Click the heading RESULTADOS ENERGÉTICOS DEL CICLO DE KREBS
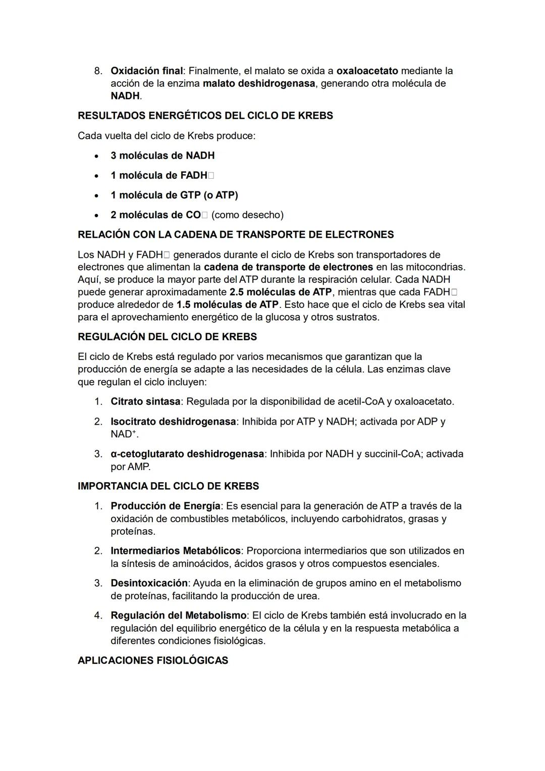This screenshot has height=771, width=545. [205, 116]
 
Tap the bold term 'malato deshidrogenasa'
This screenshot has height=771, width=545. [259, 83]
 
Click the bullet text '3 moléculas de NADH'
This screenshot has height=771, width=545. [162, 156]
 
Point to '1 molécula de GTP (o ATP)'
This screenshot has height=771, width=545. [174, 195]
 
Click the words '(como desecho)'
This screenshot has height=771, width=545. [247, 215]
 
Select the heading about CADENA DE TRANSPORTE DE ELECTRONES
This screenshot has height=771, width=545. [236, 235]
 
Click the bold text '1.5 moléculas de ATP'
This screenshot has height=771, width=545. [227, 305]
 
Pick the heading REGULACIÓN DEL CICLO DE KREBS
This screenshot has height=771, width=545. [167, 337]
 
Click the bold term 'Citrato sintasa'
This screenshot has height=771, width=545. [145, 402]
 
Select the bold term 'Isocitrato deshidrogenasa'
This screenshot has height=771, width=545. [173, 422]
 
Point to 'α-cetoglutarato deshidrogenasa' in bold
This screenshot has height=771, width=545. [187, 454]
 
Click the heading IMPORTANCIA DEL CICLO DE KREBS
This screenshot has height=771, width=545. [168, 486]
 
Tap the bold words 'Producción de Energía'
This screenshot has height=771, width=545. [166, 506]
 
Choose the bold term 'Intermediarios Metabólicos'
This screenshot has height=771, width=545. [175, 551]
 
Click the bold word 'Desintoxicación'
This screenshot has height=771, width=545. [149, 583]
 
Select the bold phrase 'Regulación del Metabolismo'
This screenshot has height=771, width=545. [179, 615]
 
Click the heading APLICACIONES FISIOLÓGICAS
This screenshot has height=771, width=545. [152, 660]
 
